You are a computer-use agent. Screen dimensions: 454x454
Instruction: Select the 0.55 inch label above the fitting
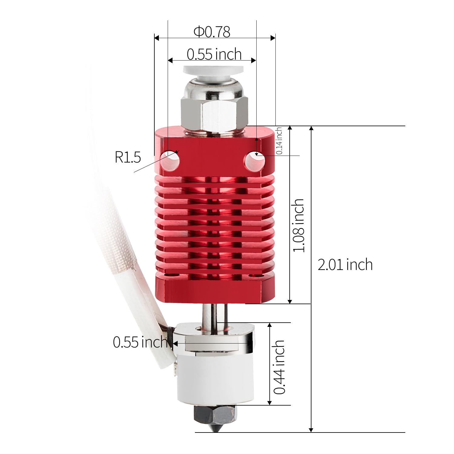pos(214,54)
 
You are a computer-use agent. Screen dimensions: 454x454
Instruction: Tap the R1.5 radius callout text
pos(127,157)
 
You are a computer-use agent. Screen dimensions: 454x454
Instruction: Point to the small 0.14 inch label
pos(279,141)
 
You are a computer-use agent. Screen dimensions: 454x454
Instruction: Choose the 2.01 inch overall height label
pos(345,265)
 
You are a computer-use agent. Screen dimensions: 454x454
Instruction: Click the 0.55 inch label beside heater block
pos(140,342)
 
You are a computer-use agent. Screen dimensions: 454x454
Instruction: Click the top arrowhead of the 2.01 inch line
pos(311,128)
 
